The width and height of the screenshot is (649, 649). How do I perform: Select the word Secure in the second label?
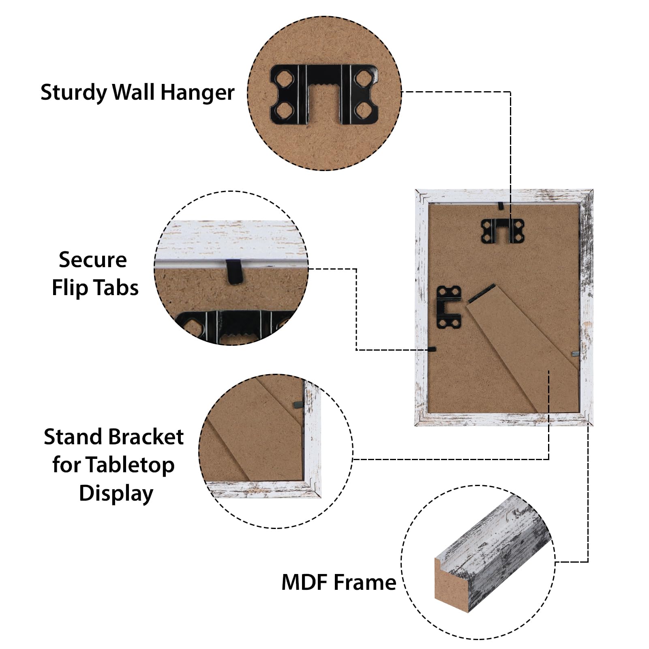[x=93, y=260]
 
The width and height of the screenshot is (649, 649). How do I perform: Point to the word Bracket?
[x=146, y=437]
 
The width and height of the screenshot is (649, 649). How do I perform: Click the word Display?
[x=116, y=494]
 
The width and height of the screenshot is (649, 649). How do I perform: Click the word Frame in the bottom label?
[x=365, y=583]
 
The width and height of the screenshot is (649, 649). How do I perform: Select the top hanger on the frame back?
[x=503, y=231]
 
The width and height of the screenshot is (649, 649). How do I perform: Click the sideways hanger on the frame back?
[x=449, y=306]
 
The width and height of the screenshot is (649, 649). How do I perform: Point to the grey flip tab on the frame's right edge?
[x=575, y=354]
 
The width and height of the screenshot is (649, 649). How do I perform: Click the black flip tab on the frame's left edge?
[x=432, y=349]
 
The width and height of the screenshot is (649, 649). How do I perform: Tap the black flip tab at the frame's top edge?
[x=501, y=206]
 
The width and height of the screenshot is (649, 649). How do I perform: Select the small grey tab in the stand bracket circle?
[x=298, y=404]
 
